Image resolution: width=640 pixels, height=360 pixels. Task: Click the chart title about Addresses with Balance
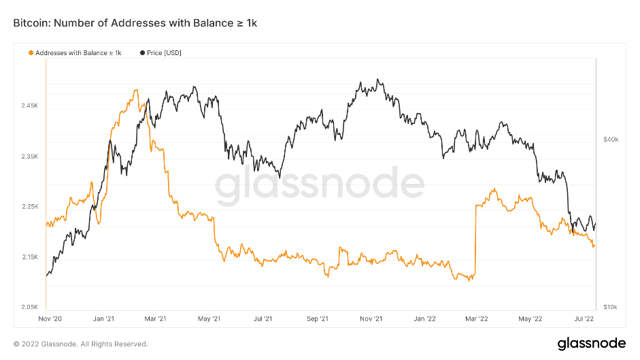(135, 23)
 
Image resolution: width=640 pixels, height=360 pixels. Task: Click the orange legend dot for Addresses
(31, 52)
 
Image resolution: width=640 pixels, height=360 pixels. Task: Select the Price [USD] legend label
(164, 52)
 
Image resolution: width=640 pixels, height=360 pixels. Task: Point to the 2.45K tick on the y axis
(30, 106)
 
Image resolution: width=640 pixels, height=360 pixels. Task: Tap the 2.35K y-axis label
(30, 157)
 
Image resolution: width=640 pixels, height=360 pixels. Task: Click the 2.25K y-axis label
(30, 207)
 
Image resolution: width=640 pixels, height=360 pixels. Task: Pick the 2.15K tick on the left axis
(30, 257)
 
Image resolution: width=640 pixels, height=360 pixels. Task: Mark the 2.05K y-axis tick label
(30, 308)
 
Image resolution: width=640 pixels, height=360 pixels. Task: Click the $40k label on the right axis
(610, 140)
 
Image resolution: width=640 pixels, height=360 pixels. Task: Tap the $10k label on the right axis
(610, 308)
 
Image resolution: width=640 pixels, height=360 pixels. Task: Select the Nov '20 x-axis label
(50, 318)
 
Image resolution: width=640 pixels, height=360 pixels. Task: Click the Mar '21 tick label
(156, 318)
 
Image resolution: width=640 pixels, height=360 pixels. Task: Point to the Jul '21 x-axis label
(263, 318)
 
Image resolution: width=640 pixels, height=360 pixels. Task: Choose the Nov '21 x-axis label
(371, 318)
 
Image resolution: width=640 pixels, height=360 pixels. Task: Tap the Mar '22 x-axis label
(477, 318)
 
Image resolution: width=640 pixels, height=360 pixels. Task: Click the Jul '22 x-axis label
(584, 318)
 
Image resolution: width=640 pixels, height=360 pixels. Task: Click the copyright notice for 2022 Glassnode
(80, 344)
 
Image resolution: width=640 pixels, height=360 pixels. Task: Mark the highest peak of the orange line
(136, 91)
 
